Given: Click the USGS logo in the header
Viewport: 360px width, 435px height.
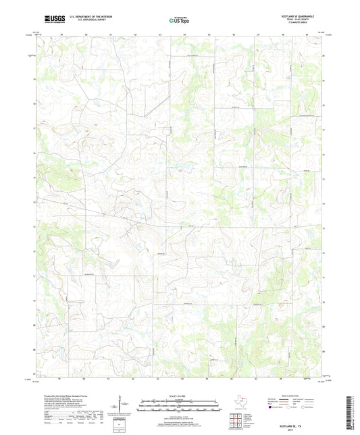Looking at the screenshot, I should pyautogui.click(x=51, y=18).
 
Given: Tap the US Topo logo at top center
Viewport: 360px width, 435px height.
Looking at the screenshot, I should pyautogui.click(x=179, y=20).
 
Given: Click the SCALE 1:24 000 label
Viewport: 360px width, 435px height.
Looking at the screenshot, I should pyautogui.click(x=180, y=395).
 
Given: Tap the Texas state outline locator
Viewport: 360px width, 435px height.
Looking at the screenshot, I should pyautogui.click(x=242, y=405).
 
